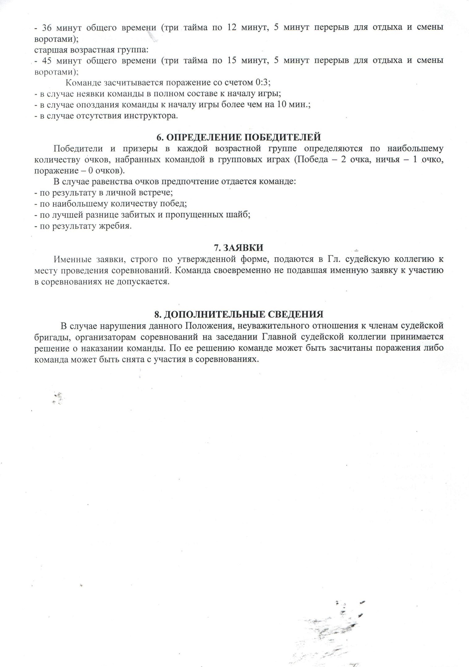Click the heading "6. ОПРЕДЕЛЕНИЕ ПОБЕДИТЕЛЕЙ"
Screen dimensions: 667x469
pos(239,137)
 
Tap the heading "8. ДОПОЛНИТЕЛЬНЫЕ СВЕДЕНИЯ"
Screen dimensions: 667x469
pos(239,314)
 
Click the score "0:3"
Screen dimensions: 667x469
pos(263,83)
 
